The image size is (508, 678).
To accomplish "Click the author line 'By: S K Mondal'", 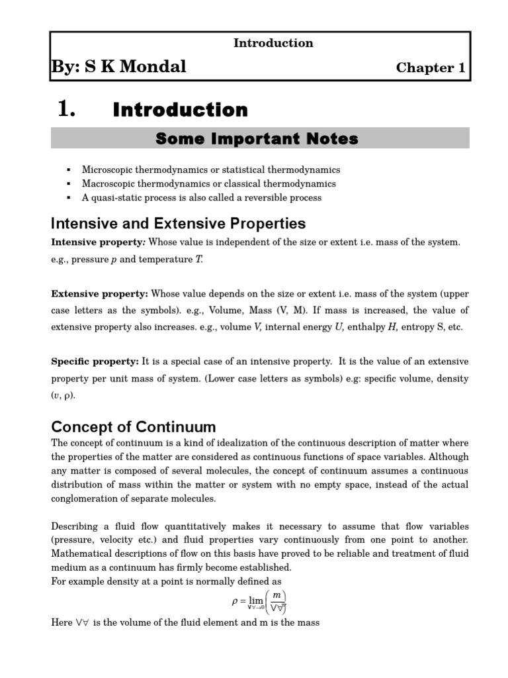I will [x=118, y=66].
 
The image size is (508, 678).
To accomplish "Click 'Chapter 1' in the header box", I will [x=430, y=68].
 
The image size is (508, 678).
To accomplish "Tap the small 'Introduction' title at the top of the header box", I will [x=273, y=43].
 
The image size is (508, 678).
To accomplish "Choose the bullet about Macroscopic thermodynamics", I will [x=208, y=183].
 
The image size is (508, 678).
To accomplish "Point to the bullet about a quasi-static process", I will [x=202, y=197].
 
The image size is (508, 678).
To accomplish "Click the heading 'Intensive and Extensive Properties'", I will [x=179, y=223].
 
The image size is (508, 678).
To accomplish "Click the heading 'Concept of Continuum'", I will [x=134, y=426].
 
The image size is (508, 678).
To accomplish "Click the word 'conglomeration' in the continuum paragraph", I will [x=86, y=499].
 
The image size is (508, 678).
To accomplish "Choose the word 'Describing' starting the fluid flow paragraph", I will [x=75, y=526].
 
